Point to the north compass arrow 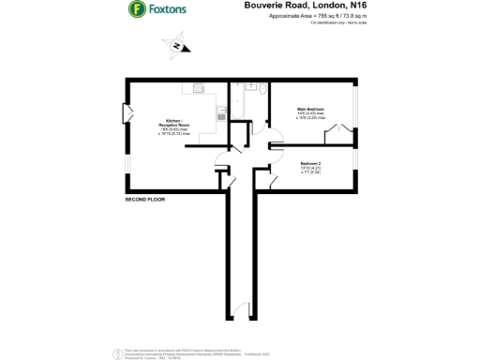pyautogui.click(x=175, y=45)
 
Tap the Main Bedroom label pyautogui.click(x=310, y=110)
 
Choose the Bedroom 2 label pyautogui.click(x=312, y=163)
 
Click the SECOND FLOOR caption pyautogui.click(x=145, y=201)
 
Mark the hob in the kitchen pyautogui.click(x=199, y=89)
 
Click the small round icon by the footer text pyautogui.click(x=115, y=353)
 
